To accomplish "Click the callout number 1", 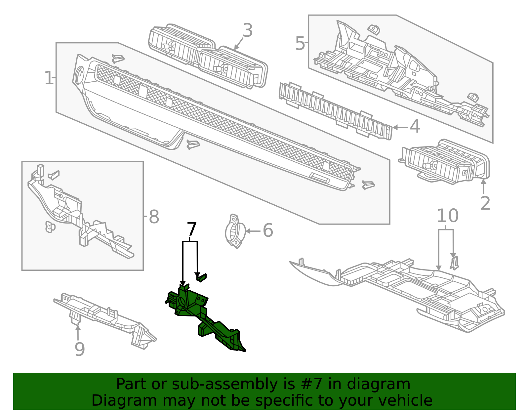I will [x=48, y=78].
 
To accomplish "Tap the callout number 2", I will [x=485, y=203].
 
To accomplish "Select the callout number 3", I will [x=247, y=30].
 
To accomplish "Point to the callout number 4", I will [x=415, y=127].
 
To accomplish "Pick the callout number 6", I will [x=267, y=230].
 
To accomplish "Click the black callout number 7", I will [x=192, y=229].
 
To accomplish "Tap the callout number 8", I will [x=154, y=217].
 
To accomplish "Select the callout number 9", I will [x=79, y=349].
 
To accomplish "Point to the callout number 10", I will [x=447, y=216].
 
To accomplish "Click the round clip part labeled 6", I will [x=235, y=231].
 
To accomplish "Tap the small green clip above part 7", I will [x=201, y=277].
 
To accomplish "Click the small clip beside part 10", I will [x=454, y=263].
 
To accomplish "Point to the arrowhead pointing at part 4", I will [x=395, y=127].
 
